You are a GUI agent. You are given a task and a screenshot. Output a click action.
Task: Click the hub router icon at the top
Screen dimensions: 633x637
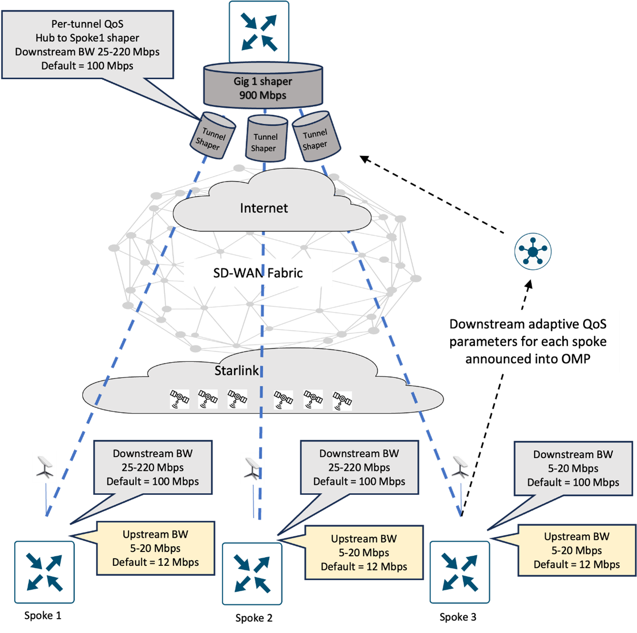pos(259,32)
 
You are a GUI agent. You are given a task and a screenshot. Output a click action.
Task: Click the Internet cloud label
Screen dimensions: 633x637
pos(264,208)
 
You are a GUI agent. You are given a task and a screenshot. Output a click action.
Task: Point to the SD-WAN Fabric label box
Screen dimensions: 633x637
pos(258,273)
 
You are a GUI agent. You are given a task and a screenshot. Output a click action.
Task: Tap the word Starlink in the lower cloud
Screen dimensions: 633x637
pos(237,371)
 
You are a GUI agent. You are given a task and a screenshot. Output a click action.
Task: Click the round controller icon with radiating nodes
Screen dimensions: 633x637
pos(533,251)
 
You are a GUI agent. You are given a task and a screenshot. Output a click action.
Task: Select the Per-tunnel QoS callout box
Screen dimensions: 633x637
pos(88,45)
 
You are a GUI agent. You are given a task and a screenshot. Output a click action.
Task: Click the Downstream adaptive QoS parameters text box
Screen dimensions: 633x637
pos(528,342)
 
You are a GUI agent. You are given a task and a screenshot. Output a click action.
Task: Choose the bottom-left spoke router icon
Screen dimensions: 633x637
pos(44,572)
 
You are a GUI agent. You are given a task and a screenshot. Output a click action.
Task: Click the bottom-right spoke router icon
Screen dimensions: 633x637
pos(459,572)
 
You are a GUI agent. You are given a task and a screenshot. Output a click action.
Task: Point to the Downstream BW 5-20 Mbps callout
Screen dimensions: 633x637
pos(573,468)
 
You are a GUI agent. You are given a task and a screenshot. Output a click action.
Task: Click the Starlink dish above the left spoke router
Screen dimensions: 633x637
pos(45,467)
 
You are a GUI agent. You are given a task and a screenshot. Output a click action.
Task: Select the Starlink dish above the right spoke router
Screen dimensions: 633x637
pos(460,466)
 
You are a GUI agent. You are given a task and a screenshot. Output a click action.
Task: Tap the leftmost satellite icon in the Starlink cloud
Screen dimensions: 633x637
pos(179,399)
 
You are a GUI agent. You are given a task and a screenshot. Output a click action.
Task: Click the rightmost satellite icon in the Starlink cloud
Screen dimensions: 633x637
pos(342,401)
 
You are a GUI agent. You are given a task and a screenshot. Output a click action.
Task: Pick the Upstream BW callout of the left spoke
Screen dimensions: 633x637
pos(156,548)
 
